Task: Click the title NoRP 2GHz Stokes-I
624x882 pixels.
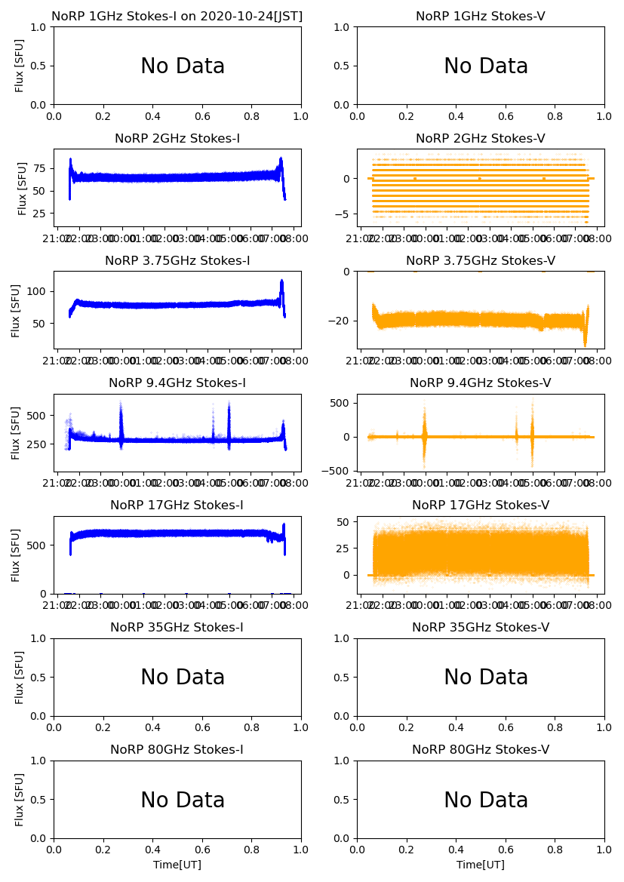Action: pyautogui.click(x=177, y=139)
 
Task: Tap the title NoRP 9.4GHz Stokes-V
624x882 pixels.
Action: pyautogui.click(x=481, y=383)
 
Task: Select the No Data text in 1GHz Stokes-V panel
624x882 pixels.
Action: pyautogui.click(x=485, y=66)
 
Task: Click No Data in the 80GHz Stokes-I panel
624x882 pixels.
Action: pyautogui.click(x=183, y=801)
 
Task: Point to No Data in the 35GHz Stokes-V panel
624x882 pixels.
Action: pyautogui.click(x=485, y=678)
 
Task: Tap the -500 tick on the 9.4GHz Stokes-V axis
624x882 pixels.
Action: pyautogui.click(x=336, y=471)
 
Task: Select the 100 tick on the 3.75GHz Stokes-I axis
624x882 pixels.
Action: pyautogui.click(x=35, y=291)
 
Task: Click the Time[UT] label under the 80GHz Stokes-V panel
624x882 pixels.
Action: pyautogui.click(x=481, y=865)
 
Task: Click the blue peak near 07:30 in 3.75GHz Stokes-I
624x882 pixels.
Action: pyautogui.click(x=281, y=283)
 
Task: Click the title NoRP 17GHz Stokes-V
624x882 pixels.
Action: pyautogui.click(x=481, y=506)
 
